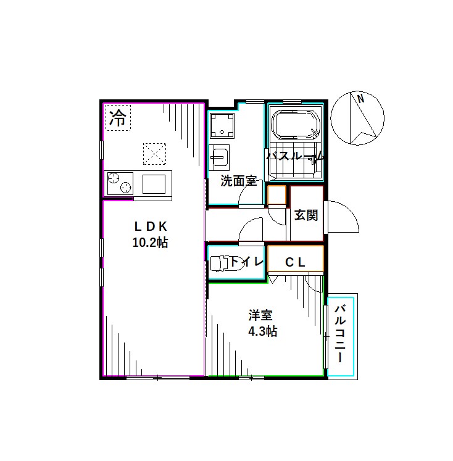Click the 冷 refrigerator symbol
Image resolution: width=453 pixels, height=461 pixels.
coord(118,118)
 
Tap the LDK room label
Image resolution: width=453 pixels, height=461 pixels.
coord(151,226)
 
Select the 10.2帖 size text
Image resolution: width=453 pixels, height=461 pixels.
coord(150,243)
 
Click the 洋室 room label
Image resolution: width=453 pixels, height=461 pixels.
coord(260,315)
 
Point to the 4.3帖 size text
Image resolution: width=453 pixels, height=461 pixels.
coord(262,331)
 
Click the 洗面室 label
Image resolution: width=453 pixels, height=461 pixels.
coord(239,181)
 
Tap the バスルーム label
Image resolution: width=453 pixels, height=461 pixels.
coord(295,156)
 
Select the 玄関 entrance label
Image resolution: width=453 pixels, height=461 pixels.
coord(306,215)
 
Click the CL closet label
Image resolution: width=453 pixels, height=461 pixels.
coord(295,262)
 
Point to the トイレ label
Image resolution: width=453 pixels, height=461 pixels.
coord(246,261)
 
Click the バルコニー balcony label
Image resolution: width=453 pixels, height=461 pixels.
coord(340,333)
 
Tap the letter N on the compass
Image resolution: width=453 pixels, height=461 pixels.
coord(360,98)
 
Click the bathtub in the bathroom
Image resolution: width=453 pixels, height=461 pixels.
coord(296,125)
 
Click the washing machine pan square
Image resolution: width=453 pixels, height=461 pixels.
coord(222,125)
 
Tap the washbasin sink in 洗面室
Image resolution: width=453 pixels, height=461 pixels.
coord(219,157)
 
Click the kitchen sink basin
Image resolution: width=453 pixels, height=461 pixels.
coord(154,185)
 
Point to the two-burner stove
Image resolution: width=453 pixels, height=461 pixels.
coord(120,183)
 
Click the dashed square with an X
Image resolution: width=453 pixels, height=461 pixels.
coord(155,154)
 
